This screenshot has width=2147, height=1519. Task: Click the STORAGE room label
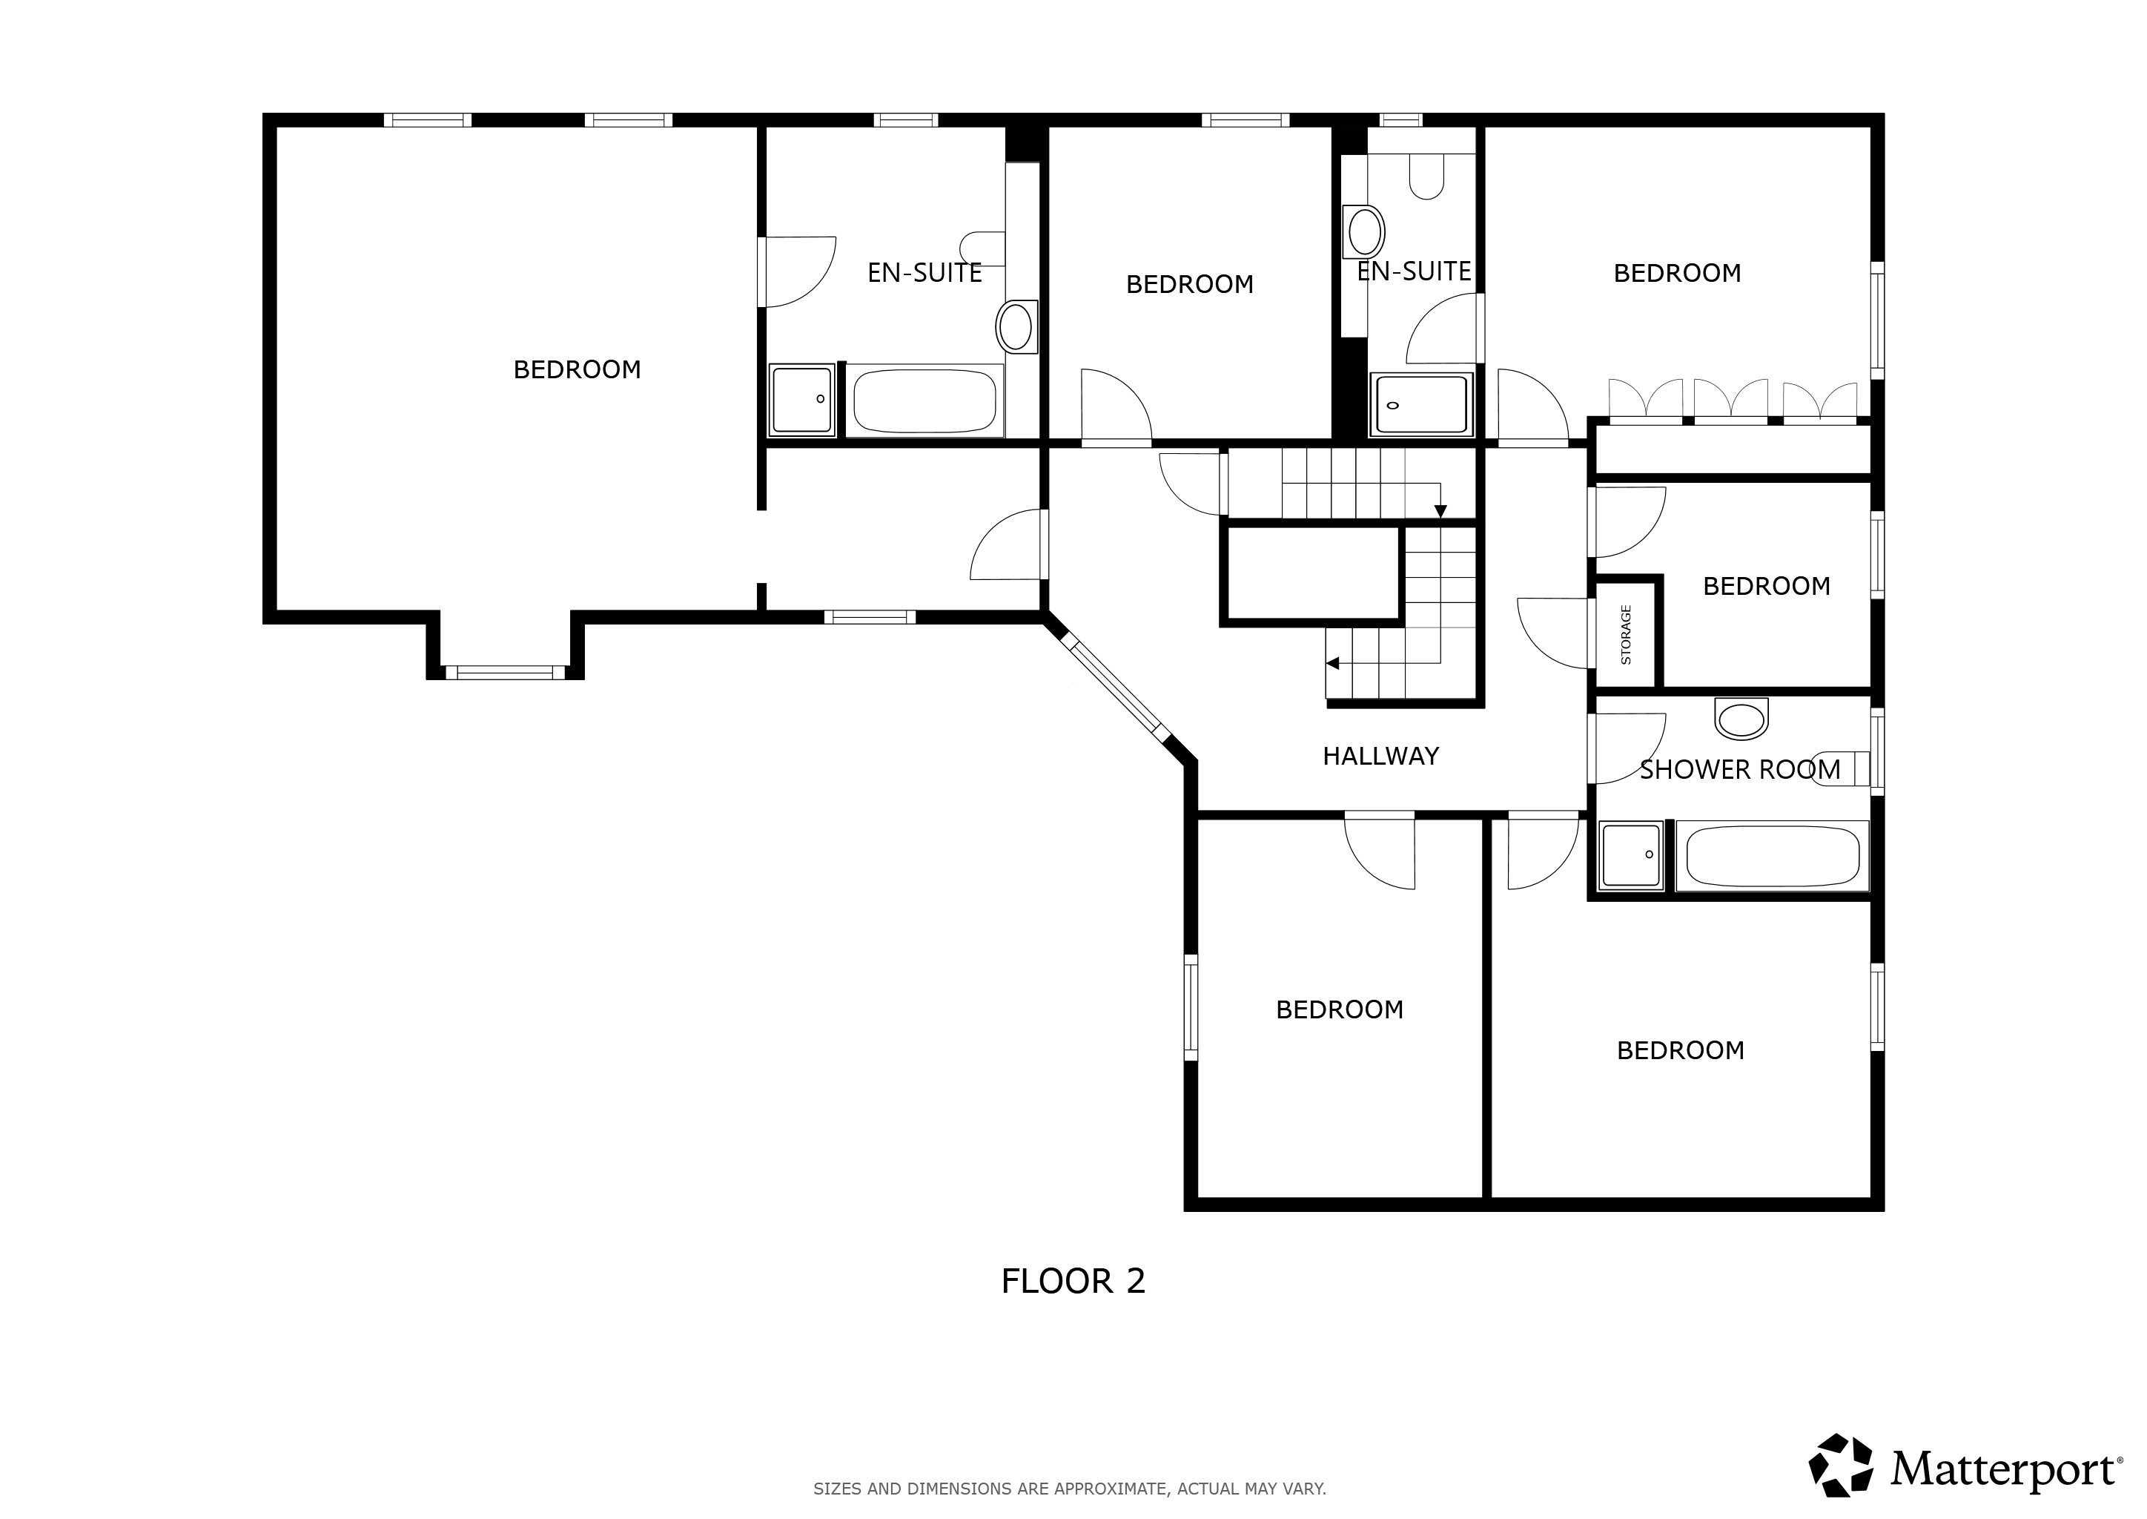(1626, 634)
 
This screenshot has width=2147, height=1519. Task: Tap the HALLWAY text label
(1380, 756)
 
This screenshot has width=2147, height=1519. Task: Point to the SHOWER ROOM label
(1740, 770)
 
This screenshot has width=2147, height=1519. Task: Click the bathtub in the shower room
(1772, 856)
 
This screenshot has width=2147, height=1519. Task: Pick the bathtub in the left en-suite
(924, 401)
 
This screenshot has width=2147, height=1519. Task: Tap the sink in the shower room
(1741, 719)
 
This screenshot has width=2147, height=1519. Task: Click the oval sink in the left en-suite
(1016, 326)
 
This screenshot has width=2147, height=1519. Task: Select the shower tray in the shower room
(1631, 855)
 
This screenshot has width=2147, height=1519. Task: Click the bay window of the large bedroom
(505, 671)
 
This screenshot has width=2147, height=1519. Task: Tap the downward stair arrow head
(1441, 511)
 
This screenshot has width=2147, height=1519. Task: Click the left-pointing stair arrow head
(1332, 663)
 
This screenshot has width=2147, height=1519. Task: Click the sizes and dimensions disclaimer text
(1070, 1488)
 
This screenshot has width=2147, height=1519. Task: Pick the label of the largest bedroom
(577, 369)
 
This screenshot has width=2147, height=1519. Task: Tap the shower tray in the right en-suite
(1421, 404)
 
